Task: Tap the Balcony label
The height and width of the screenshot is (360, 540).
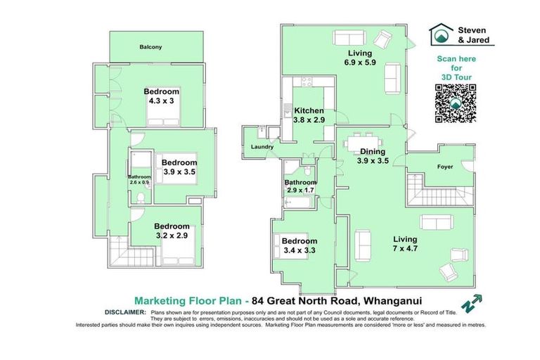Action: (150, 47)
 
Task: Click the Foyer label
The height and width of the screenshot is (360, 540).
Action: (446, 167)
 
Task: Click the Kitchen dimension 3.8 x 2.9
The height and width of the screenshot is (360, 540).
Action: (309, 120)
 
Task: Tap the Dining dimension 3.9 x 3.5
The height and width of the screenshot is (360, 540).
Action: (373, 161)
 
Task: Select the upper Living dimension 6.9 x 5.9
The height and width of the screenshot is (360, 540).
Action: (360, 63)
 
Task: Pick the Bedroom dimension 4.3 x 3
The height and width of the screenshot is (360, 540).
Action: (161, 101)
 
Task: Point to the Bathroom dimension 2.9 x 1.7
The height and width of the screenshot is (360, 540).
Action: (300, 191)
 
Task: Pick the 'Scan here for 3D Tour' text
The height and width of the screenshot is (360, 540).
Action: (454, 66)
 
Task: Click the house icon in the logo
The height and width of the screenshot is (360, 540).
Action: (441, 34)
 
